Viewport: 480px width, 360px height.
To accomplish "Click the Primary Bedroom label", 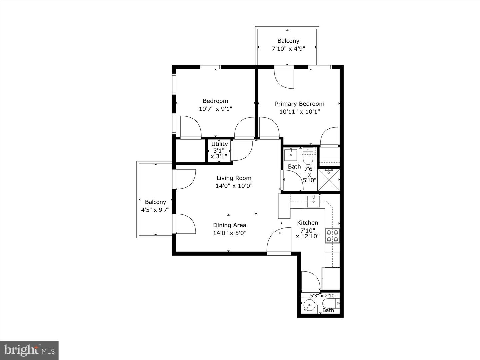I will point(299,104).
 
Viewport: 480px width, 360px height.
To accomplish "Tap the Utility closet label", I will point(219,144).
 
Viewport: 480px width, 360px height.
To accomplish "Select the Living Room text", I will point(234,178).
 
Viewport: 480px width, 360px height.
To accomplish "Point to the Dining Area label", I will point(229,225).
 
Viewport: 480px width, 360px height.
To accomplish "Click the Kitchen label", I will point(307,223).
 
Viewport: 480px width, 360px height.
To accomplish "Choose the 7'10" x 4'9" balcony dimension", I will point(288,49).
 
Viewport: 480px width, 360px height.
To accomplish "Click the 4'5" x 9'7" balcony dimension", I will point(155,210).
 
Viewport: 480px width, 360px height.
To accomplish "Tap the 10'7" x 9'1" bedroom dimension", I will point(215,109).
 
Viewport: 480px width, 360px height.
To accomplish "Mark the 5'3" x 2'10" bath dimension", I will point(323,295).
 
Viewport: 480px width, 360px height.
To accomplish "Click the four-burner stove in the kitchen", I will point(332,236).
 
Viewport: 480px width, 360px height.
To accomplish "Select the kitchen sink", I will point(313,201).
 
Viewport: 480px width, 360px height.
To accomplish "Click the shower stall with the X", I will point(328,180).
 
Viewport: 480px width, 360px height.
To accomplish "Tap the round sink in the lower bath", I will point(309,305).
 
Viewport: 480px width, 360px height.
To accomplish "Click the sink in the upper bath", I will point(291,154).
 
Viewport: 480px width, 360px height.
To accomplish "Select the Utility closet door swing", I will point(242,150).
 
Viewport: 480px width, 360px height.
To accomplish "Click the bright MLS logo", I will point(29,350).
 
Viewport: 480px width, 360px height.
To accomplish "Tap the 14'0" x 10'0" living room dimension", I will point(234,186).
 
